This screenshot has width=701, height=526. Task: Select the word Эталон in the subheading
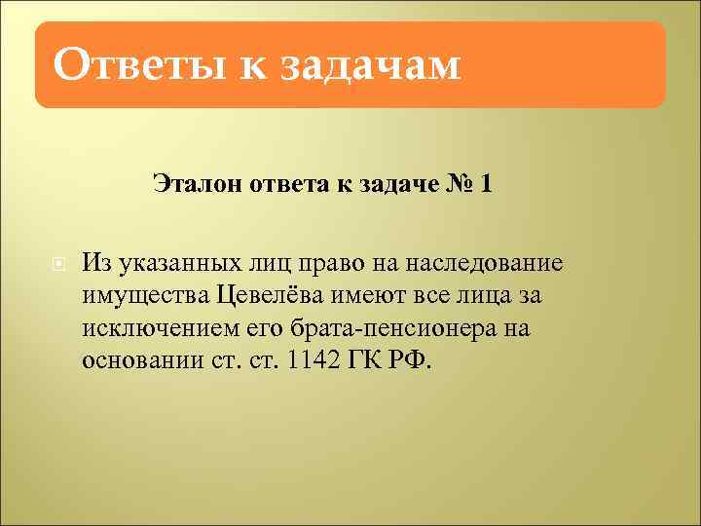point(194,183)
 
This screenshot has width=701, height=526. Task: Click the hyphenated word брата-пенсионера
point(388,327)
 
